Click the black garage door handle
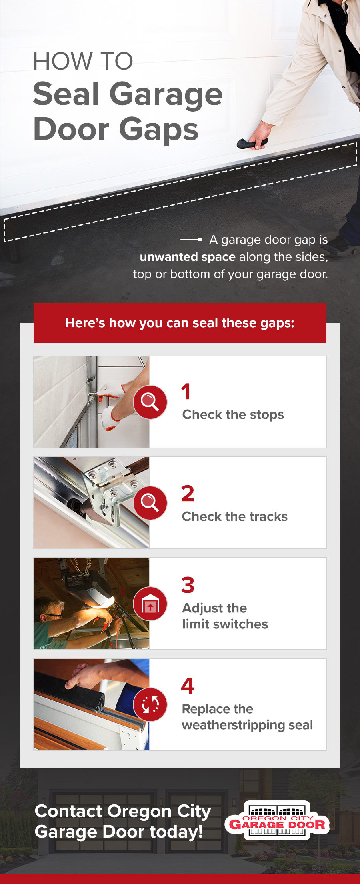252,143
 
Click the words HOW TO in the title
83,61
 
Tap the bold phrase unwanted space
188,257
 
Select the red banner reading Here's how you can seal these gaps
180,323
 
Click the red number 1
186,392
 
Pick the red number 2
188,494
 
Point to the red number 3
188,585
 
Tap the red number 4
188,686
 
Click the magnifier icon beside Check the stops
150,402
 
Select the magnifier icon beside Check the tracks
150,503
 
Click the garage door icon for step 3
150,604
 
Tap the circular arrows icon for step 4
150,704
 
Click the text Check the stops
233,415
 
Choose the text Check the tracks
235,516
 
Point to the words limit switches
225,624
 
